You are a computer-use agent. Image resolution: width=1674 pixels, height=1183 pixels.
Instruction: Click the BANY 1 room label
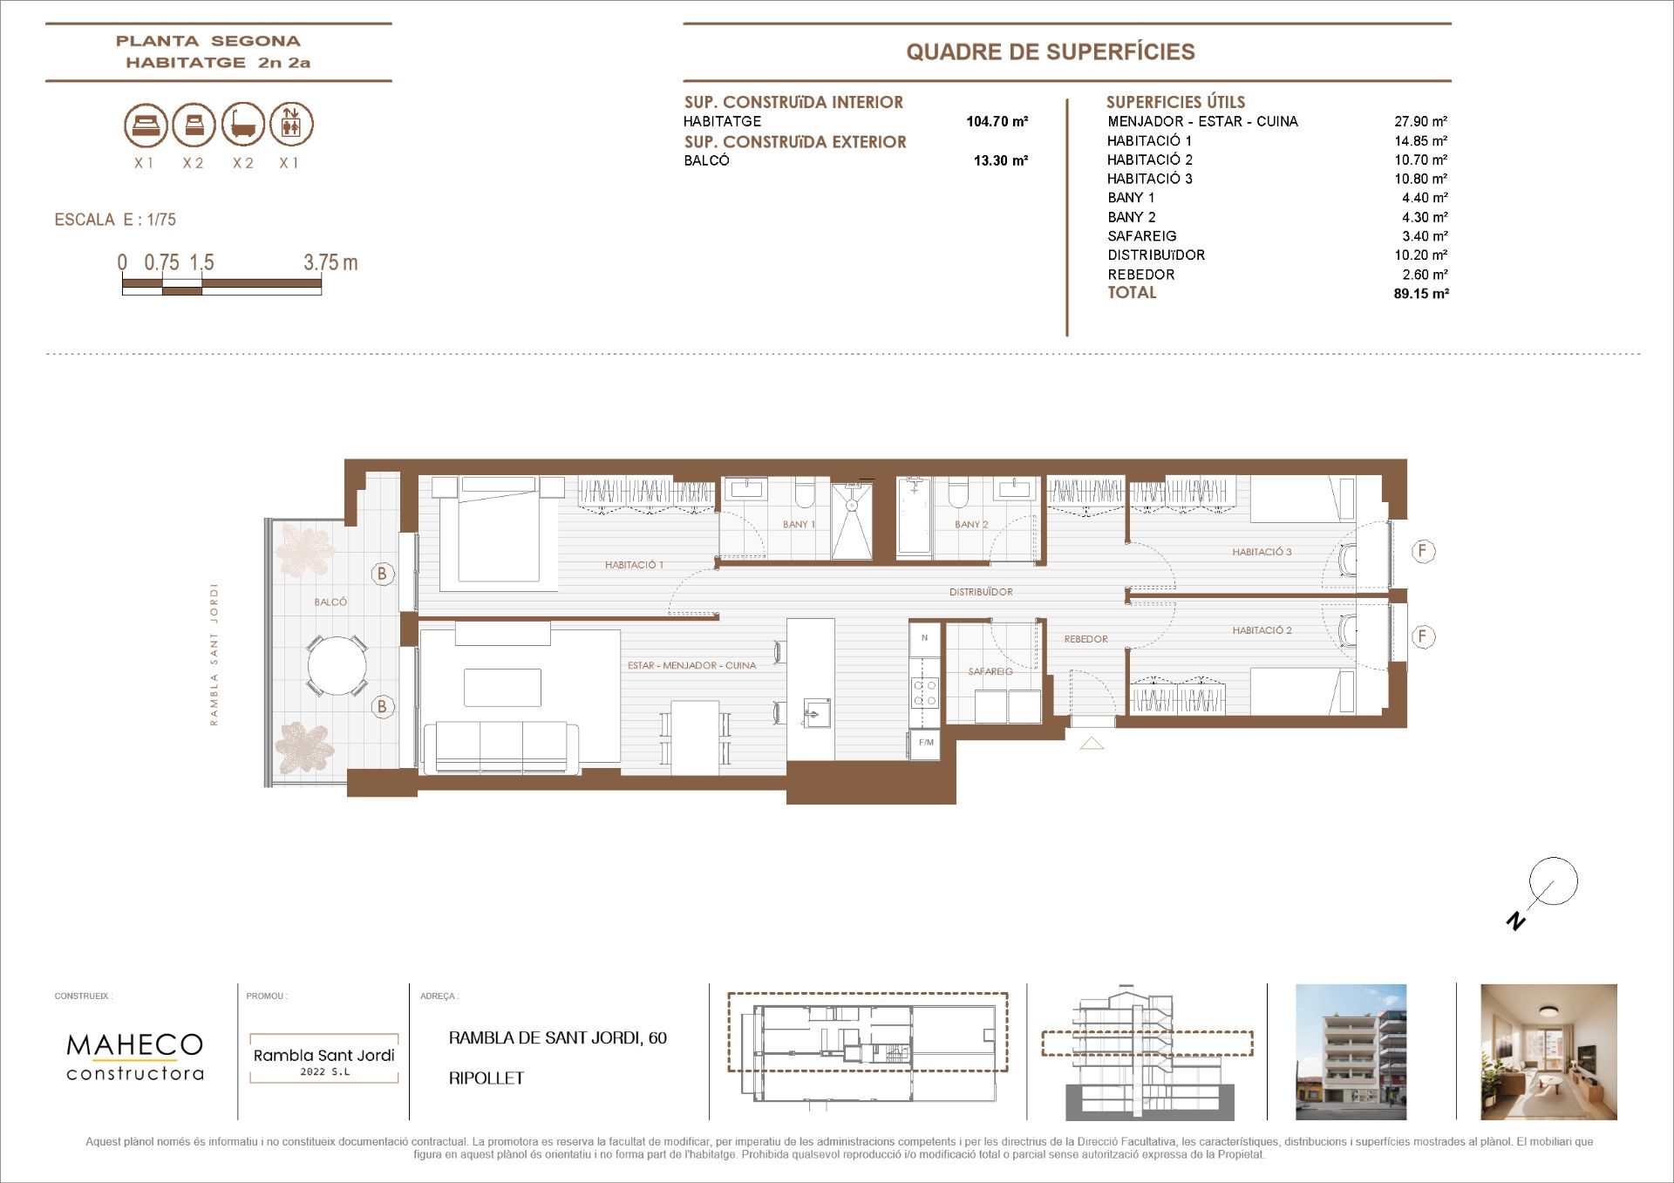[x=799, y=525]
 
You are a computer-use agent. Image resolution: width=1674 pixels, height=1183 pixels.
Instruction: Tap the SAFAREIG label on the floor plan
[x=990, y=671]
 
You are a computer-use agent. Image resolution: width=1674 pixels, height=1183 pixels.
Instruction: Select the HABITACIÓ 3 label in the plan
[x=1262, y=552]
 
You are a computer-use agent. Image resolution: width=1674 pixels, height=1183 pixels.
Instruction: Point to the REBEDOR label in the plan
[x=1085, y=639]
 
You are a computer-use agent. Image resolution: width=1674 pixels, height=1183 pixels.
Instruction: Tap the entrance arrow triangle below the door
[x=1092, y=744]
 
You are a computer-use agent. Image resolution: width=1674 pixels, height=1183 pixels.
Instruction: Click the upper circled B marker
[x=382, y=574]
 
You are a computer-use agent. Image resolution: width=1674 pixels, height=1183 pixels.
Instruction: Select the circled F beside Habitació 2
[x=1423, y=636]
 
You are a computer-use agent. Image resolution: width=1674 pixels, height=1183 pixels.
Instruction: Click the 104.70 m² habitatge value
[x=997, y=122]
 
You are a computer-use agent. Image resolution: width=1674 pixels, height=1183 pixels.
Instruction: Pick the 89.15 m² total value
[x=1421, y=294]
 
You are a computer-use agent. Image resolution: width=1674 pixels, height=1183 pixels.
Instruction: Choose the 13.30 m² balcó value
[x=1001, y=160]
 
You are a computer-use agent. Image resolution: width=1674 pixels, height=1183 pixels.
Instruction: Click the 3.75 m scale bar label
[x=330, y=262]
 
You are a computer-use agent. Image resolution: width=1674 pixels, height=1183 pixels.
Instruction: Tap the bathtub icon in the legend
[x=242, y=124]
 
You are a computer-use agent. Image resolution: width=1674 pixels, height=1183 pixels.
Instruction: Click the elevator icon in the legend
[x=291, y=124]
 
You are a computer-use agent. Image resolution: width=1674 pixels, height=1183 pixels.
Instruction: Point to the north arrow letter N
[x=1516, y=921]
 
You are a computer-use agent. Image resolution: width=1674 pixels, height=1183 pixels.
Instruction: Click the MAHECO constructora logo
[x=135, y=1057]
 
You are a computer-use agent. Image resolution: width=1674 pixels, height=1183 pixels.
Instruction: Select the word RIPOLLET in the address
[x=487, y=1078]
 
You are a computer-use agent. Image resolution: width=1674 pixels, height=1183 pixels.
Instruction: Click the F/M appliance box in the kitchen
[x=925, y=744]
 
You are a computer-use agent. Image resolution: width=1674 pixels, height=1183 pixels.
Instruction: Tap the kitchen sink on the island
[x=817, y=712]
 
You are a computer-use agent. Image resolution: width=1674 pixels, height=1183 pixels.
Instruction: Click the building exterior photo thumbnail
[x=1351, y=1052]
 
